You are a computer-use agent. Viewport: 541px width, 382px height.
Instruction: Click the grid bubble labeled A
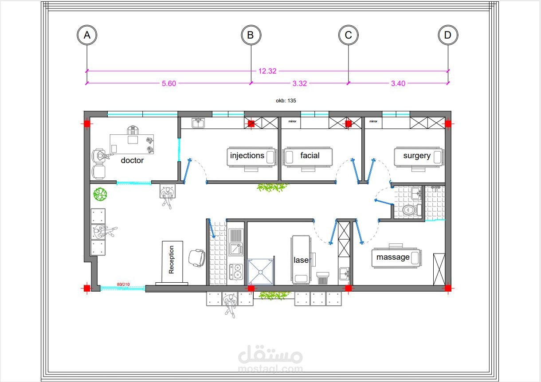tap(87, 35)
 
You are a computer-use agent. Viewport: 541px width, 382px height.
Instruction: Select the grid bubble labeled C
tap(348, 35)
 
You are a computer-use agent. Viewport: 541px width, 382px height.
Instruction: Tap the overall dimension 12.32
tap(267, 71)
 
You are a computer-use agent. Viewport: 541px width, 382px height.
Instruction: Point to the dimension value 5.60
tap(169, 83)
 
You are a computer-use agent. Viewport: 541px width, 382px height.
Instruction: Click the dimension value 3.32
tap(299, 83)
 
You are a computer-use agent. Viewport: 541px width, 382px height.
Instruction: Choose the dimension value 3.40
tap(398, 83)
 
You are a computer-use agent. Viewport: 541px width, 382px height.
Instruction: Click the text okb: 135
tap(286, 101)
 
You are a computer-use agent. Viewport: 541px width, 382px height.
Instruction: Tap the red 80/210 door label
tap(123, 284)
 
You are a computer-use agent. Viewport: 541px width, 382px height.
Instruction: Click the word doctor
tap(132, 160)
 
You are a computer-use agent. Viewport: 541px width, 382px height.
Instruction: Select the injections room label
tap(247, 156)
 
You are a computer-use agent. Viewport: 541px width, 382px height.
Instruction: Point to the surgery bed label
tap(417, 156)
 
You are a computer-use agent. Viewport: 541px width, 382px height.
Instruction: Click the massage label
tap(393, 257)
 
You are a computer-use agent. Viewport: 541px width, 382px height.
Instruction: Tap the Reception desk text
tap(171, 260)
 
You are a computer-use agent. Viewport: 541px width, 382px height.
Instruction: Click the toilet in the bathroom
tap(412, 210)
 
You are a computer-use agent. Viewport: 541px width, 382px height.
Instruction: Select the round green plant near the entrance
tap(100, 194)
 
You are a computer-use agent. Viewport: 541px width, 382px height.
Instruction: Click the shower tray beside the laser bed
tap(260, 272)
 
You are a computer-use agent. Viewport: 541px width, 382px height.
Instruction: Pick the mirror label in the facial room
tap(292, 121)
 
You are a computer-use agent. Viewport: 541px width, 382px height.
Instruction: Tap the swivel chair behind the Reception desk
tap(197, 258)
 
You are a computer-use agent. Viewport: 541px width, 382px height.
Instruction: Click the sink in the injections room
tap(198, 123)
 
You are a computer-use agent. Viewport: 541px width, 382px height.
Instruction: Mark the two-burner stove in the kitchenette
tap(236, 272)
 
